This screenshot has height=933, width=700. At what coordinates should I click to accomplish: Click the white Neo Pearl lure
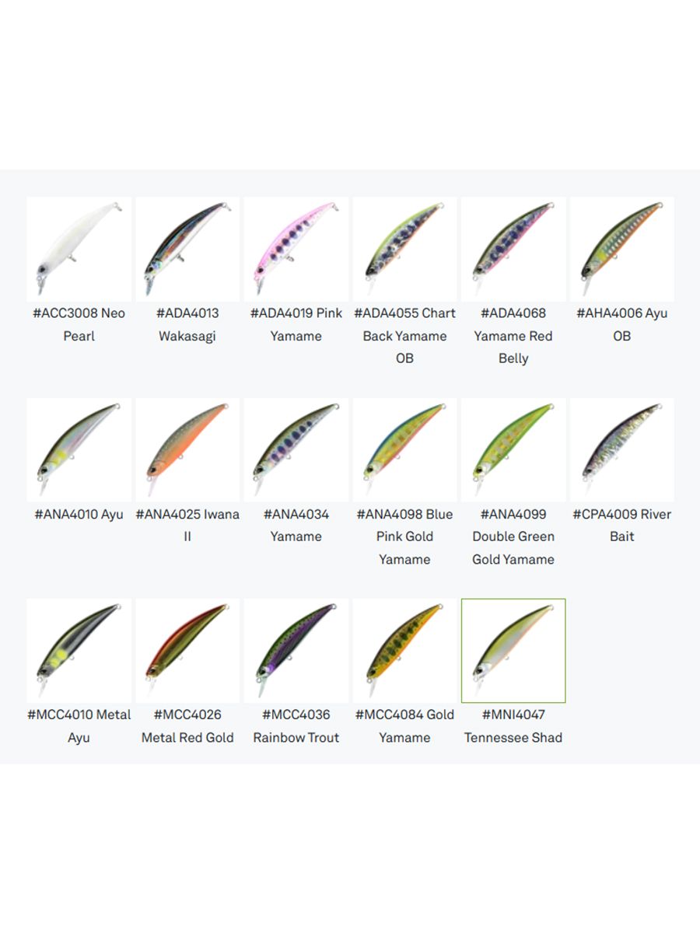point(76,246)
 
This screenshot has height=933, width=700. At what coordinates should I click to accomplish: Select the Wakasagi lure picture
point(186,246)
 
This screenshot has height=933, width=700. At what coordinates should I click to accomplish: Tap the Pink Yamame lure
point(296,246)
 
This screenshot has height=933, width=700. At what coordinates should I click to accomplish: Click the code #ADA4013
point(187,313)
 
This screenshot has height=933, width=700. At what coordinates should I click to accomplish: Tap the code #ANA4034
point(296,515)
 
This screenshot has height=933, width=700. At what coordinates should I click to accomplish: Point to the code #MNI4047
point(513,715)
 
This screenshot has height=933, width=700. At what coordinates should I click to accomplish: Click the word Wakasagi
point(187,336)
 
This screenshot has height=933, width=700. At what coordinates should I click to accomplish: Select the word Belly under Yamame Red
point(513,358)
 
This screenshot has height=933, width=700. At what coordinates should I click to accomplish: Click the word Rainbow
point(275,738)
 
